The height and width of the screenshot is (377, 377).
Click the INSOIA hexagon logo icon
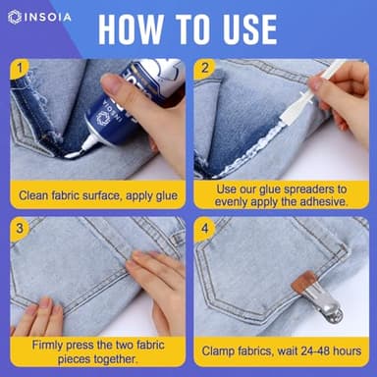click(x=14, y=18)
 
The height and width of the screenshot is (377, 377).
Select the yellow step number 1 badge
click(x=21, y=70)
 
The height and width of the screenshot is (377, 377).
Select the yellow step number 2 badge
click(x=204, y=70)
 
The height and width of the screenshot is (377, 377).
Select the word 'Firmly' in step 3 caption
click(x=50, y=345)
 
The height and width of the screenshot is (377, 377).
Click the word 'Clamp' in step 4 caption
click(x=221, y=351)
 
